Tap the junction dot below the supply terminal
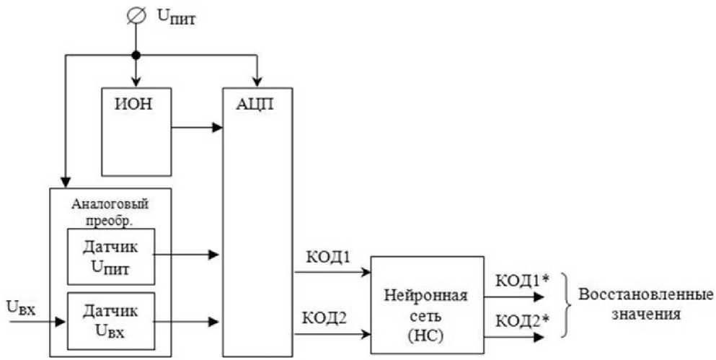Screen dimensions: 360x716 point(134,55)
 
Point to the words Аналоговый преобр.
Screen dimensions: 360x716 point(110,208)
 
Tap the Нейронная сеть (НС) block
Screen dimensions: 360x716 point(427,304)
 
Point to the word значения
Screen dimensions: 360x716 point(640,314)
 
